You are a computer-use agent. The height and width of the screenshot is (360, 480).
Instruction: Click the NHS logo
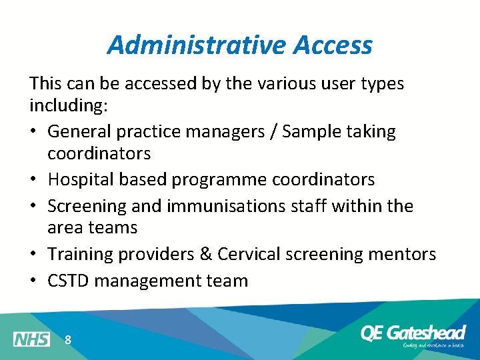(x=31, y=339)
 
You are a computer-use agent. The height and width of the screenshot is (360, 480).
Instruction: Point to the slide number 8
(x=68, y=340)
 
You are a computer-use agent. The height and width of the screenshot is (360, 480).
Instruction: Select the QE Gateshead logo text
(x=413, y=333)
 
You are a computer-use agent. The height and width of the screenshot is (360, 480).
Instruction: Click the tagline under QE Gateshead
(x=433, y=345)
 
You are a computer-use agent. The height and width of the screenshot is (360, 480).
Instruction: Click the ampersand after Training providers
(x=203, y=254)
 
